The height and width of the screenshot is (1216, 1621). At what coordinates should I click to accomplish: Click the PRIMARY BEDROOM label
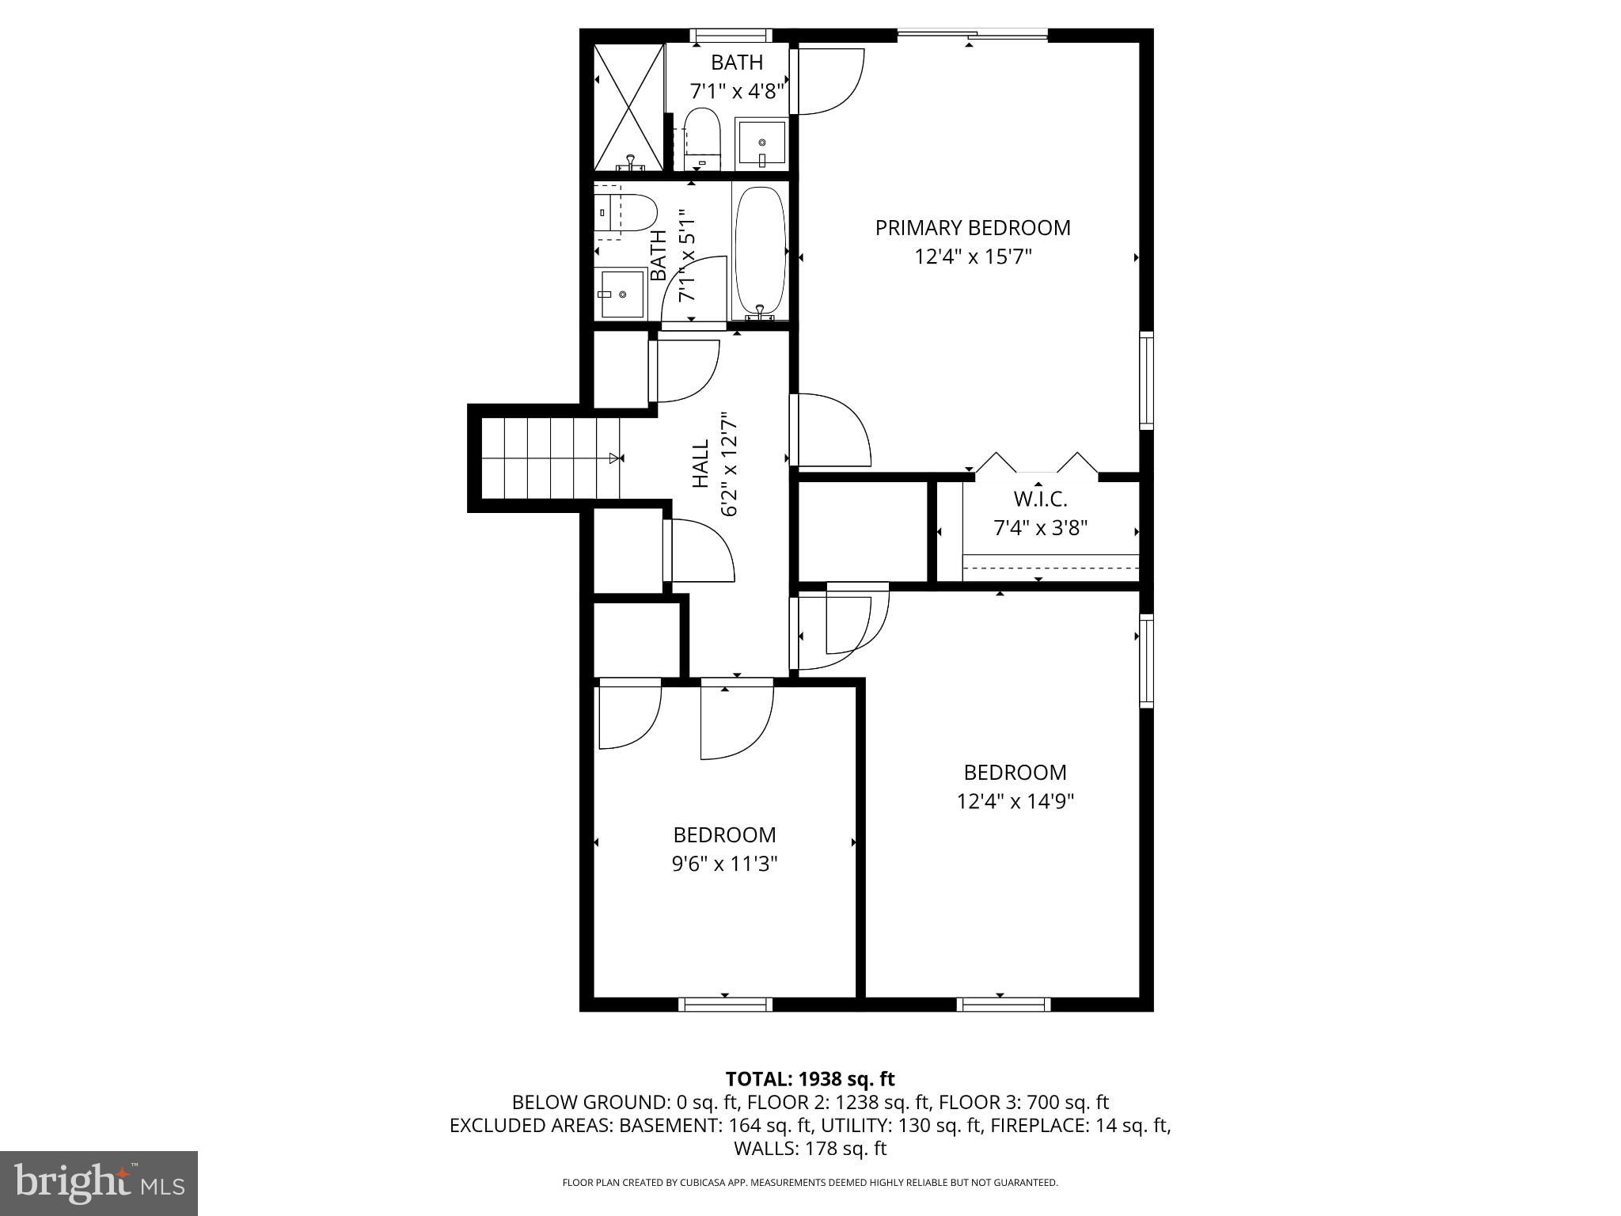(x=973, y=228)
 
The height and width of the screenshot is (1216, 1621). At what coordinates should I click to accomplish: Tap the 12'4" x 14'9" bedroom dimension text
(x=1015, y=802)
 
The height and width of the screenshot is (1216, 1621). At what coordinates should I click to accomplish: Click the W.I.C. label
(x=1040, y=500)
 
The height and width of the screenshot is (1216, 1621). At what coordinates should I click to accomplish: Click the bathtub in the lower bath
(x=761, y=251)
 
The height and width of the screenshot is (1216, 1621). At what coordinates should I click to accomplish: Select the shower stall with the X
(x=628, y=107)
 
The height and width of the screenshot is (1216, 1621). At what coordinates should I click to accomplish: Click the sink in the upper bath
(x=762, y=143)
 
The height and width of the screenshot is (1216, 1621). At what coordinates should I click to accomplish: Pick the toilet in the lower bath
(x=626, y=213)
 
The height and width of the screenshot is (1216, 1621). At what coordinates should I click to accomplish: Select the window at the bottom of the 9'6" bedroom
(x=725, y=1005)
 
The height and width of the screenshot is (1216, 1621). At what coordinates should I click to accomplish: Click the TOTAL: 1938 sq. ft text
(x=810, y=1079)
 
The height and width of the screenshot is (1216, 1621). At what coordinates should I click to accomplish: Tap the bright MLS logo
(x=99, y=1183)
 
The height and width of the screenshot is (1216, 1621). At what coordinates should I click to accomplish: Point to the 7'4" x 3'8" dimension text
(x=1040, y=528)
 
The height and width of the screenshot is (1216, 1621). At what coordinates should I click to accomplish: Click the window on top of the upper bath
(x=731, y=36)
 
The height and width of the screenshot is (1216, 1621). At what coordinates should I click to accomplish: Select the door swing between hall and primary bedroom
(x=831, y=431)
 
